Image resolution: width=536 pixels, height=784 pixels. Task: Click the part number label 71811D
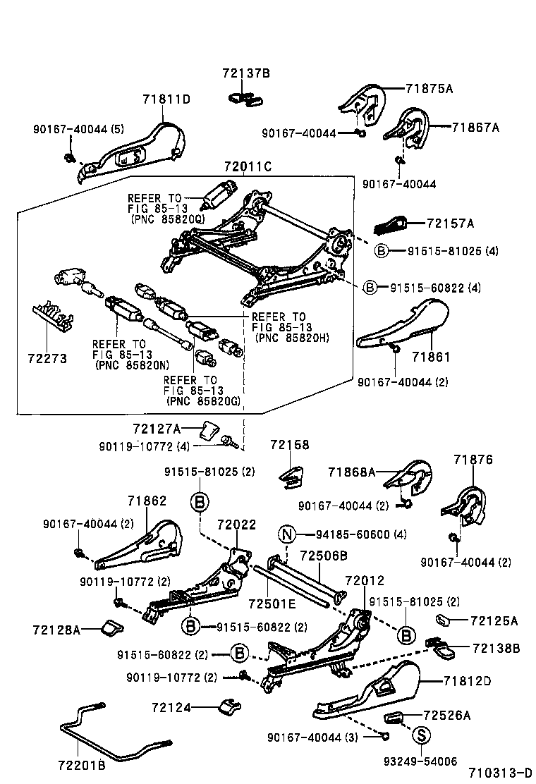tap(166, 99)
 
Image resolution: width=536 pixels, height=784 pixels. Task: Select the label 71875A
tap(429, 89)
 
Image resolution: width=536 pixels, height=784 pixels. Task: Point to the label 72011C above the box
tap(248, 166)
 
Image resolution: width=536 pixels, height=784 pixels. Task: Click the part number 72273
tap(48, 358)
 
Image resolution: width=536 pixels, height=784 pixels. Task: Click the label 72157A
tap(450, 223)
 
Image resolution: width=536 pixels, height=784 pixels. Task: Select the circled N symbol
tap(286, 534)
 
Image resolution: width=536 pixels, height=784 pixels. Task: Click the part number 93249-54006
tap(421, 761)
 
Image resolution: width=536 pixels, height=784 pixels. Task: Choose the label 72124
tap(171, 706)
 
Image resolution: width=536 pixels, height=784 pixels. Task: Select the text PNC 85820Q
tap(168, 219)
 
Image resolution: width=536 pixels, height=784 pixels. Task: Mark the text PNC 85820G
tap(204, 400)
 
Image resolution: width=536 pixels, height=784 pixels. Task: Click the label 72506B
tap(324, 556)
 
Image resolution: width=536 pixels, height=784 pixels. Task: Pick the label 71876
tap(473, 460)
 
